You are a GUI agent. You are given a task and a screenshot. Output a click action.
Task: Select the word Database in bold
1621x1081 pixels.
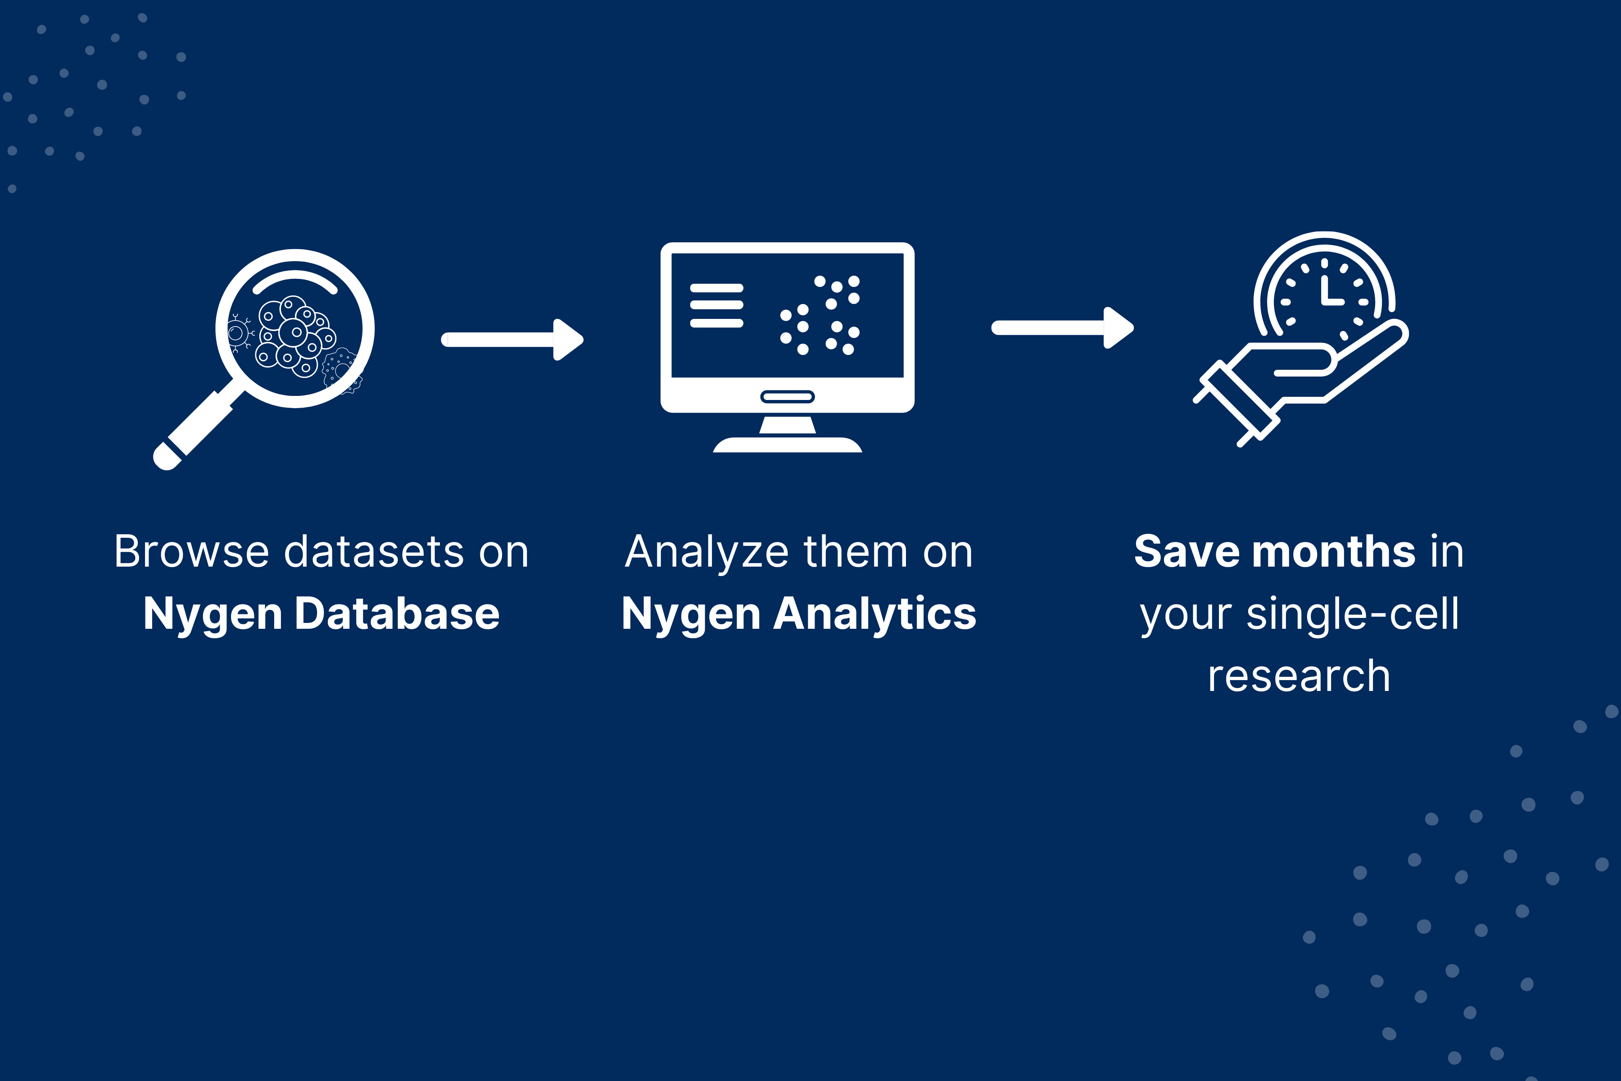(397, 613)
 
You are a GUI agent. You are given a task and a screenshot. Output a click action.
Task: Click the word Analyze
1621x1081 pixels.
(706, 552)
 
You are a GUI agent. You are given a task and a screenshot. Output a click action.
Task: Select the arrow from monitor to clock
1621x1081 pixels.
(1063, 327)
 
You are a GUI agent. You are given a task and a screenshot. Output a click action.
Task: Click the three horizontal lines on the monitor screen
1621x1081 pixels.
(717, 305)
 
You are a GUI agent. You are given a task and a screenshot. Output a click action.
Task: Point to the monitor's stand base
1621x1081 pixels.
(788, 445)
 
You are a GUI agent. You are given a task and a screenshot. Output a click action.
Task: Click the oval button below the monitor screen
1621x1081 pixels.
(788, 396)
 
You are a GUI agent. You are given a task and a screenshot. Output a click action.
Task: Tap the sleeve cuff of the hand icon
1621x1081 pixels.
(1236, 403)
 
